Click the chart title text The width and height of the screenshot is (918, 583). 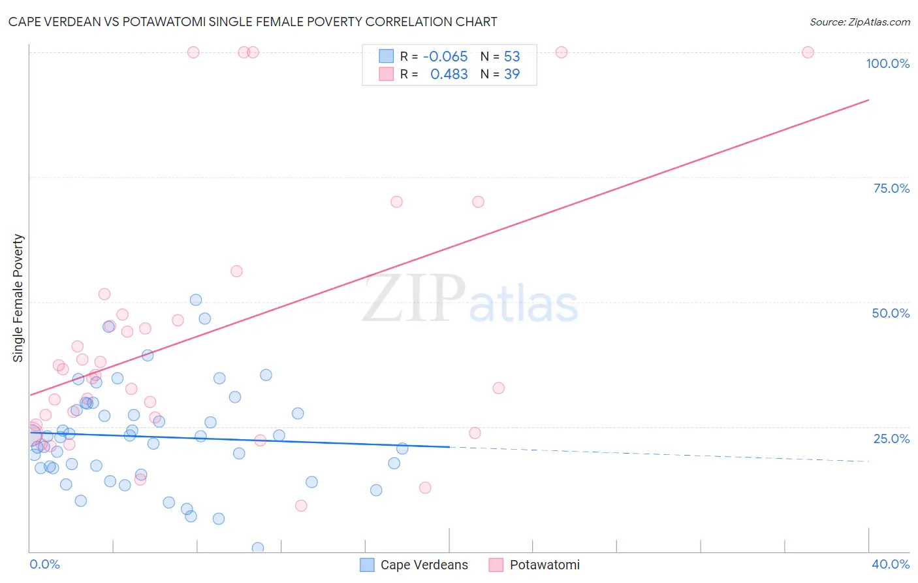(x=253, y=22)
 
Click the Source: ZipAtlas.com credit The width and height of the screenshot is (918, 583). (x=859, y=22)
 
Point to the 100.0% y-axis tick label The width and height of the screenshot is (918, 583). (x=887, y=63)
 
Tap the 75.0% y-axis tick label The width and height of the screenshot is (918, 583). (x=891, y=188)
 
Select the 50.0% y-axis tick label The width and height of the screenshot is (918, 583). (x=891, y=313)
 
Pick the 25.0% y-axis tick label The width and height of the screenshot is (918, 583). (x=891, y=439)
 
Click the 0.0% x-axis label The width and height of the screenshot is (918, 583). (x=44, y=564)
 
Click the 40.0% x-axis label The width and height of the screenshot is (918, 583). (x=890, y=564)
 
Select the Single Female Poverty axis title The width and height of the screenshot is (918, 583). (x=18, y=298)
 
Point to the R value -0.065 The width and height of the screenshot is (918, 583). (x=445, y=57)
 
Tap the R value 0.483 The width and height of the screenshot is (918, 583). (x=449, y=75)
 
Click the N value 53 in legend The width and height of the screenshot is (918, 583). (x=512, y=57)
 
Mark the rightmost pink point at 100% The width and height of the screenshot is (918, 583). (x=808, y=52)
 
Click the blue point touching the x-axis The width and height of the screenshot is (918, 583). (x=258, y=548)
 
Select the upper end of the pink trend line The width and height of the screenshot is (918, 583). (x=868, y=100)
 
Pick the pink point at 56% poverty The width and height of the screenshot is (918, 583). (x=236, y=271)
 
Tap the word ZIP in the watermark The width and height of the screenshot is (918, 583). (x=414, y=299)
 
